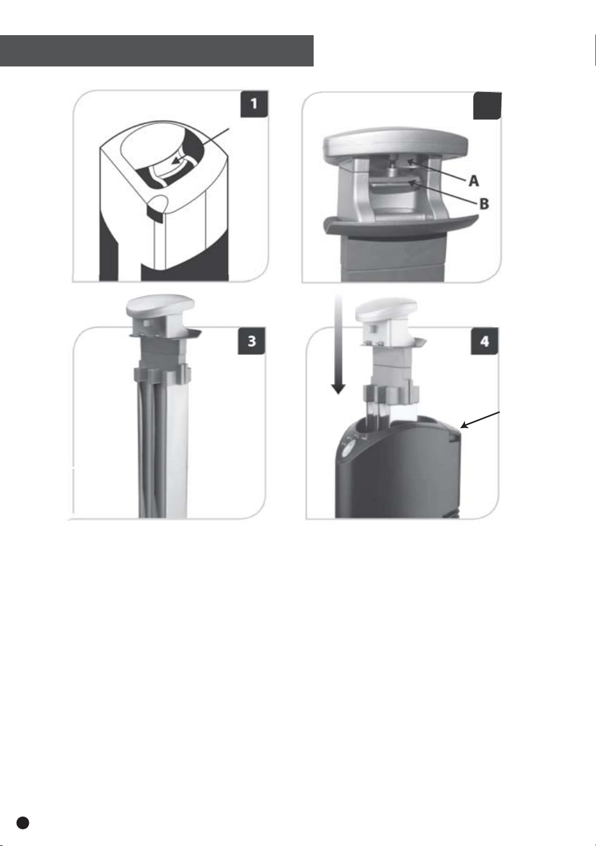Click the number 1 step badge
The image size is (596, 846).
tap(254, 104)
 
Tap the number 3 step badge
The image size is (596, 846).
tap(252, 341)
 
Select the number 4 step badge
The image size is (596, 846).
tap(485, 341)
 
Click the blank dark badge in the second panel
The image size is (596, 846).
tap(487, 106)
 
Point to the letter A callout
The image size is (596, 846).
tap(473, 181)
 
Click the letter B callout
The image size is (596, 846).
tap(484, 204)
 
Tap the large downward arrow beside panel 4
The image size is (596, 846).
tap(338, 345)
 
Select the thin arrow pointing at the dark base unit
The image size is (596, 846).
tap(480, 420)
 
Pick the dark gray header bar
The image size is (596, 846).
tap(157, 51)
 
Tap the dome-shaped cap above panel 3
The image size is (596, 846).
tap(160, 306)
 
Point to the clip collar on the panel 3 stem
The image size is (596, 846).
tap(162, 375)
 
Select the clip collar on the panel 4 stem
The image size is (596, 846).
tap(392, 394)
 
